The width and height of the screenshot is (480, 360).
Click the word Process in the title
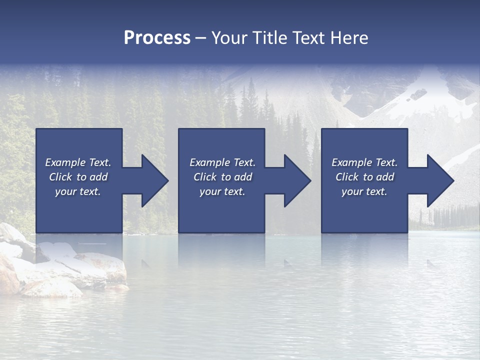[157, 38]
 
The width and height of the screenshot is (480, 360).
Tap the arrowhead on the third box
[440, 181]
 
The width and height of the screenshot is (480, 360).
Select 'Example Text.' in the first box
[78, 162]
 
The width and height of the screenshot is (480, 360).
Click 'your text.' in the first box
[78, 191]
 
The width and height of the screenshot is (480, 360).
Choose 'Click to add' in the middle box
[222, 177]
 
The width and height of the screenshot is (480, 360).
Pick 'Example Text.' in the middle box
[222, 162]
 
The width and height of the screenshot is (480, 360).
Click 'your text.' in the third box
[364, 191]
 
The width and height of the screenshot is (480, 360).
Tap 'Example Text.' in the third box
[364, 162]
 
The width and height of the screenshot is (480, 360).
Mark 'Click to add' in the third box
[364, 177]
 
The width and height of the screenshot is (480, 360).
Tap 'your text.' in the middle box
[222, 191]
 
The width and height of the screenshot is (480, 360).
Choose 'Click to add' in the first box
[78, 177]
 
